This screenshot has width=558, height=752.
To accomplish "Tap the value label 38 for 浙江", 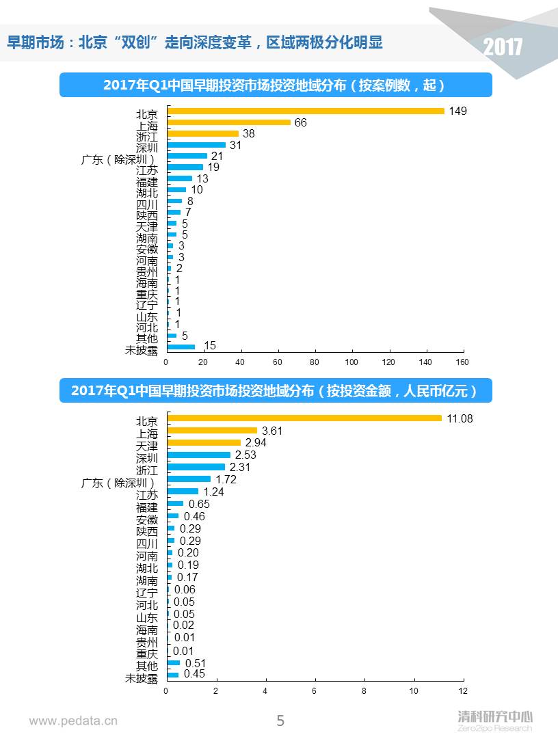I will (x=249, y=134).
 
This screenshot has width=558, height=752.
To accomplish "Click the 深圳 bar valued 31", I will (x=196, y=145).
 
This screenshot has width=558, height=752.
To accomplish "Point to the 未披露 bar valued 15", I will (x=181, y=347).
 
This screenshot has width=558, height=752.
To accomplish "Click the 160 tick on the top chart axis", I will (x=462, y=362).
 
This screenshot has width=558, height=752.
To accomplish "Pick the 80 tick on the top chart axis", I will (x=315, y=362).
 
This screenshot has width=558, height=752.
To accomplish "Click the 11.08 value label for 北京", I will (x=460, y=418).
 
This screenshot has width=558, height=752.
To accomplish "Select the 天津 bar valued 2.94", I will (x=204, y=442).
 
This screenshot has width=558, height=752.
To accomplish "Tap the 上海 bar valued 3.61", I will (x=212, y=430).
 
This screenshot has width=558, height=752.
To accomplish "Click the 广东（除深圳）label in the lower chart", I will (x=118, y=483).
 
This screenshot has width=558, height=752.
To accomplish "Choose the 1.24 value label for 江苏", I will (x=213, y=492).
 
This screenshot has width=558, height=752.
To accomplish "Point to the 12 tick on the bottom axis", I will (x=464, y=691).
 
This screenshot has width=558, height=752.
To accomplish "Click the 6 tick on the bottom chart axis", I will (x=315, y=691).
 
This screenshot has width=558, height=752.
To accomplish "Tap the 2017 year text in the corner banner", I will (x=503, y=47).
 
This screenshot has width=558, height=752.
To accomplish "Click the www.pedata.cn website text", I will (x=73, y=721).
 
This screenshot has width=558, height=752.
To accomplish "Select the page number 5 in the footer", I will (x=280, y=721).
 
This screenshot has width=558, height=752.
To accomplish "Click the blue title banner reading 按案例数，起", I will (x=275, y=85).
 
